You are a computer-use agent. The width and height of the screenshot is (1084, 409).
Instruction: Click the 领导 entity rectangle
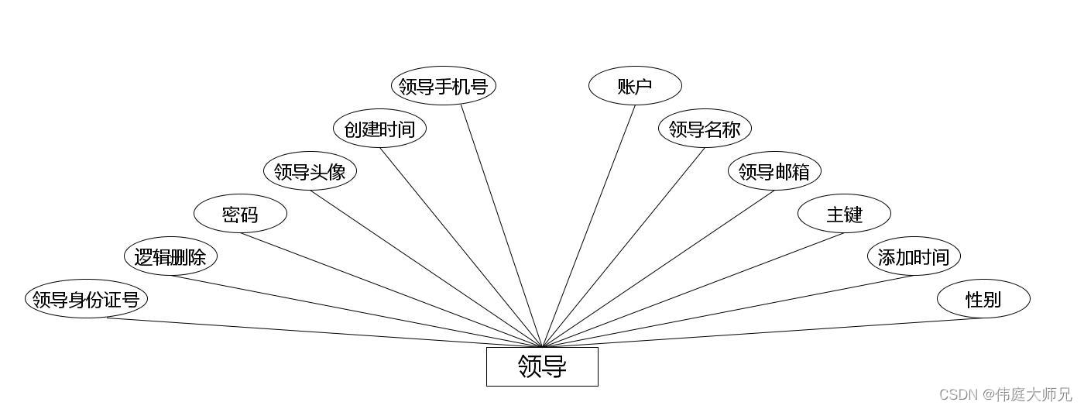542,366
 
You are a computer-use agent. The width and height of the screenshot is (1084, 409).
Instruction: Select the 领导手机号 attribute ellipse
443,86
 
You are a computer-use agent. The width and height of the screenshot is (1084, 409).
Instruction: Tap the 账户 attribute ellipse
635,86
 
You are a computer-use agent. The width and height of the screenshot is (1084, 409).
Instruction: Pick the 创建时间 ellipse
379,129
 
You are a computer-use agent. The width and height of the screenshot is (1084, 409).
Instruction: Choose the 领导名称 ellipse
705,129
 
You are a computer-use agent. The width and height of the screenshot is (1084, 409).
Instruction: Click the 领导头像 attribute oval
310,171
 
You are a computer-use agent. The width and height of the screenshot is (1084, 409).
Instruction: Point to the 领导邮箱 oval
774,171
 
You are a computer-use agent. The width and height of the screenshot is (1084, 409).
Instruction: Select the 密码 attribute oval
240,214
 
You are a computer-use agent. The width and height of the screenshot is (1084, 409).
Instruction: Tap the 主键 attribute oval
844,214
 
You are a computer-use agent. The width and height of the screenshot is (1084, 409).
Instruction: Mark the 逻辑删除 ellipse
170,256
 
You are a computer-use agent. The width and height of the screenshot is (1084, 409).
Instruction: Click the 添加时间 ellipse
914,256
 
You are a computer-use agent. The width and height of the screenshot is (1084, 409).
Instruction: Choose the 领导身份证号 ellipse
86,299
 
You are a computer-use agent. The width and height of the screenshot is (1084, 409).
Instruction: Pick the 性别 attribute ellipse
983,299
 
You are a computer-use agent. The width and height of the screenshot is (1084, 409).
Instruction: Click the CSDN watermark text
1005,395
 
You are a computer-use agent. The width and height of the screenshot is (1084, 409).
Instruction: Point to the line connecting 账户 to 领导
589,225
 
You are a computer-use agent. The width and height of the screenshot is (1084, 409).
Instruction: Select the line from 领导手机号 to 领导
502,225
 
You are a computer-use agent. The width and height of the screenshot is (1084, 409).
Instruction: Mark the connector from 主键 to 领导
693,290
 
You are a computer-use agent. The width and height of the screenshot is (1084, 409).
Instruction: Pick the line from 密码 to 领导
391,290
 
